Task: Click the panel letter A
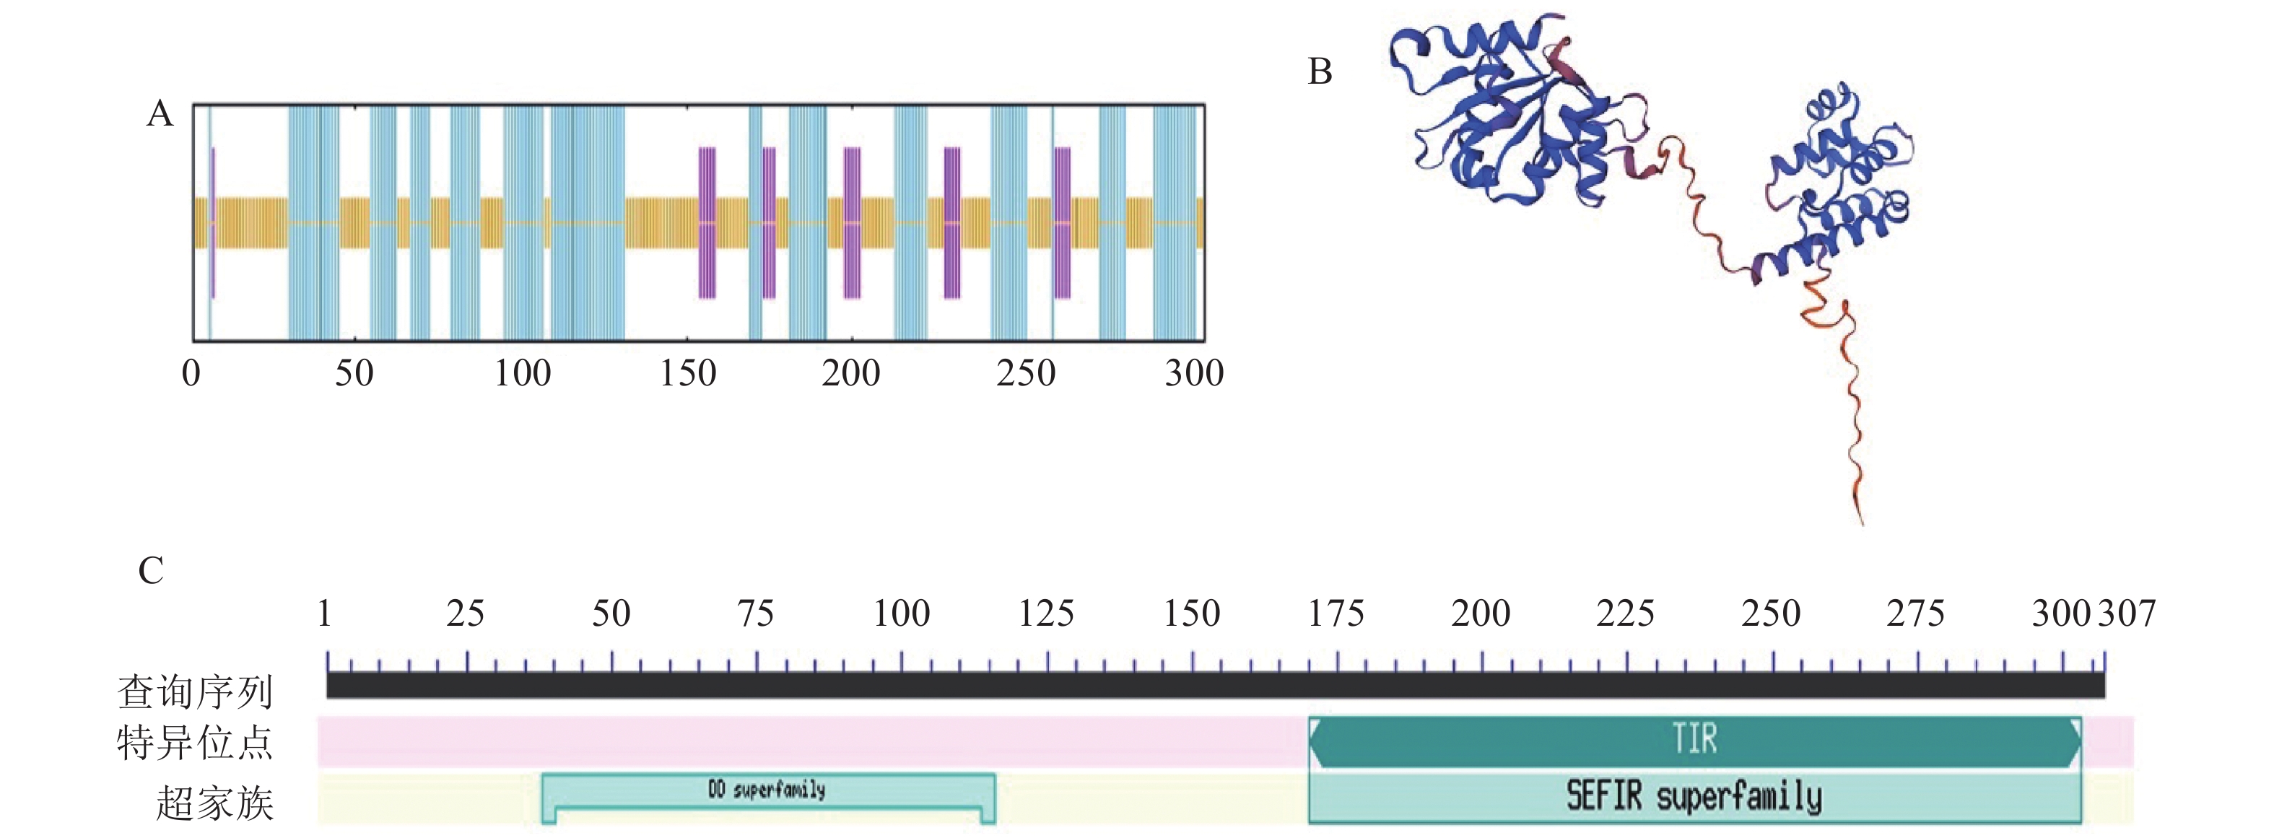160,114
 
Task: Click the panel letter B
1319,71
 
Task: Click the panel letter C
151,570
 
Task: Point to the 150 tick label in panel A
688,372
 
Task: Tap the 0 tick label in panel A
191,372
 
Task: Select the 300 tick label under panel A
1193,372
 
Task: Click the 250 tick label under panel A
1026,372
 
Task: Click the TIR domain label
1695,739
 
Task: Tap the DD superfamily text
766,790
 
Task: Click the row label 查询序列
195,691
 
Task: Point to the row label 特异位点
195,743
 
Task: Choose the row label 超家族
214,803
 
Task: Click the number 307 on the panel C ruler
2127,614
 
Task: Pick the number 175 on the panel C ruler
1336,614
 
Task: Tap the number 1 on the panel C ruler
325,614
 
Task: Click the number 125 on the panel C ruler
1046,614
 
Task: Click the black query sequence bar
1215,685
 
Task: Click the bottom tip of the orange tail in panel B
1862,523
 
